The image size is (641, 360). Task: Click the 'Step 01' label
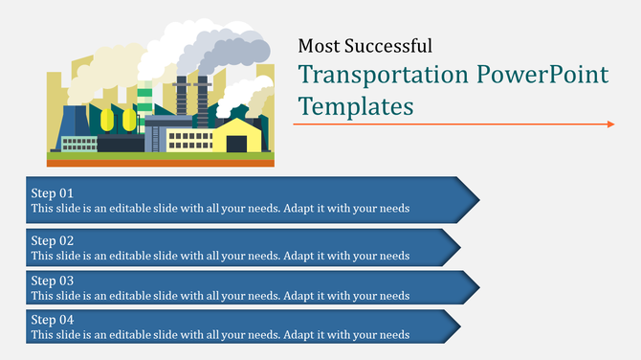(52, 192)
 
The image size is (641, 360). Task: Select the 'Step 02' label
(52, 240)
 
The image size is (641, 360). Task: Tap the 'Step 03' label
(52, 281)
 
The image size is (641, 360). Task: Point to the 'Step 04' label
(52, 320)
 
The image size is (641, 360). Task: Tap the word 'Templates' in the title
(355, 105)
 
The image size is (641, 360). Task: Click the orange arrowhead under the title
(610, 124)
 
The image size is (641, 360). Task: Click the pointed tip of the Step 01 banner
(476, 199)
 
